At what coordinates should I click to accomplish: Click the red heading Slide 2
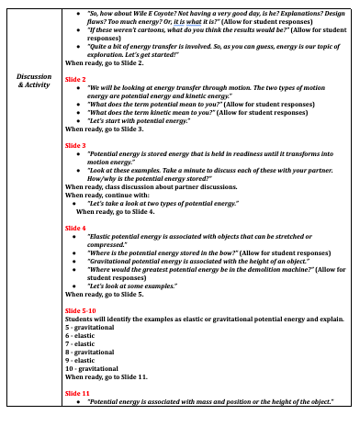click(x=75, y=80)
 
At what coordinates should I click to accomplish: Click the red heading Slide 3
click(x=75, y=145)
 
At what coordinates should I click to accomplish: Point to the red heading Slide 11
click(x=77, y=393)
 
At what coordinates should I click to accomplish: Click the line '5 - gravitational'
click(x=93, y=329)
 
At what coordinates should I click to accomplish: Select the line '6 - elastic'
click(x=83, y=337)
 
